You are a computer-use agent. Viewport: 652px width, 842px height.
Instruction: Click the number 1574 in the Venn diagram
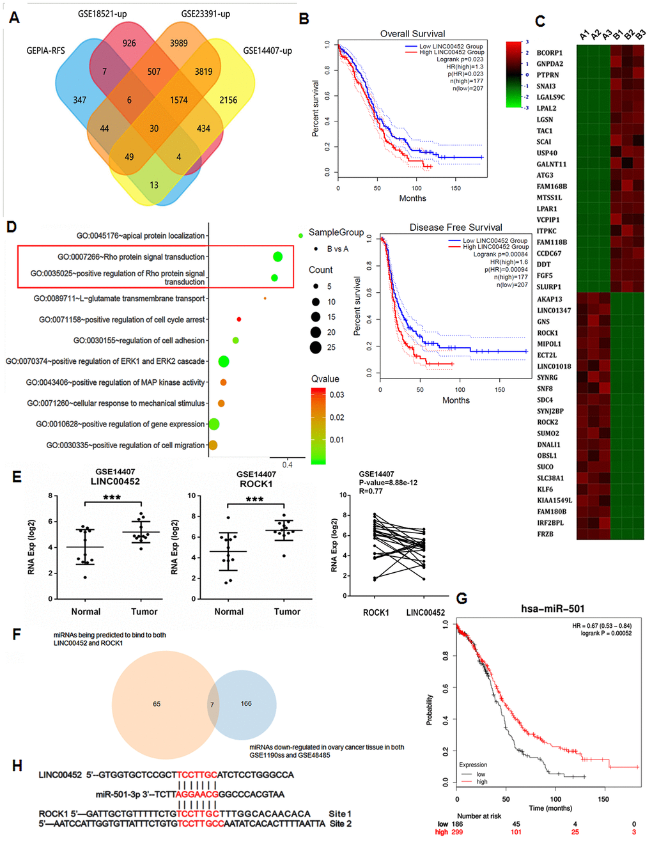tap(178, 100)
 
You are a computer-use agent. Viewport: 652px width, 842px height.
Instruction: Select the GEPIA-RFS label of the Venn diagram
tap(45, 51)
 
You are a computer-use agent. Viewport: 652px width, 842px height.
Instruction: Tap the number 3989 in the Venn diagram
tap(178, 43)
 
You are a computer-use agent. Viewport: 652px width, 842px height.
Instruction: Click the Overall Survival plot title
tap(412, 33)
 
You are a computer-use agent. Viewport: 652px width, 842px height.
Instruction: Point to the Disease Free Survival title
tap(455, 227)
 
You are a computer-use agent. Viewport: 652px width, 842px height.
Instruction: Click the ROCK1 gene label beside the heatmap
tap(547, 333)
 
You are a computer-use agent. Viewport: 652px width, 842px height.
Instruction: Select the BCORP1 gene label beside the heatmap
tap(549, 53)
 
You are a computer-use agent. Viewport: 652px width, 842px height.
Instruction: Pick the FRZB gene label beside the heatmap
tap(545, 534)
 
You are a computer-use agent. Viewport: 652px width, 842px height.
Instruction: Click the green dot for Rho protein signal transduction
tap(277, 257)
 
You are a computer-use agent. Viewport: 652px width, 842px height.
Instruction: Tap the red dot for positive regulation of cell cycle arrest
tap(238, 319)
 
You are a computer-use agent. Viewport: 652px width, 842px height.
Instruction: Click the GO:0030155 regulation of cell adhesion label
tap(139, 341)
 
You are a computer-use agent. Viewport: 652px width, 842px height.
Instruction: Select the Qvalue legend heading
tap(325, 379)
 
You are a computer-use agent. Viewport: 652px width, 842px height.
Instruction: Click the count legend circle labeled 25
tap(315, 347)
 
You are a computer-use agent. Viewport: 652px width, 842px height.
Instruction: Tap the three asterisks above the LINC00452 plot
tap(112, 497)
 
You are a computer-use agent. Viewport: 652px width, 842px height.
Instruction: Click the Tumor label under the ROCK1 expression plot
tap(287, 612)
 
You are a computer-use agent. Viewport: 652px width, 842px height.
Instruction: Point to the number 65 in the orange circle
tap(157, 704)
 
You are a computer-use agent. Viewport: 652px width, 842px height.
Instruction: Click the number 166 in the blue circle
tap(246, 703)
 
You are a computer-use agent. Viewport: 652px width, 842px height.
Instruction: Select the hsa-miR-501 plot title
tap(552, 609)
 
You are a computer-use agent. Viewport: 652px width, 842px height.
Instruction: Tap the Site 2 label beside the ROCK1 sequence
tap(341, 823)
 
